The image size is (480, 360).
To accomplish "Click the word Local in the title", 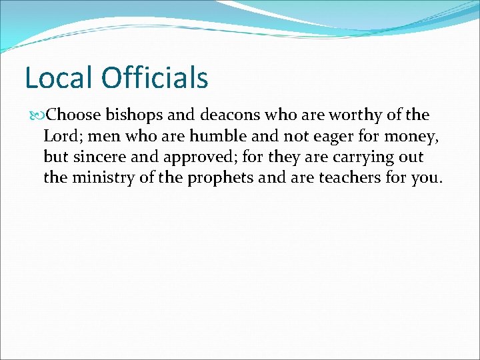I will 59,78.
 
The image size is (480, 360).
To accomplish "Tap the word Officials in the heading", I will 155,78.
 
